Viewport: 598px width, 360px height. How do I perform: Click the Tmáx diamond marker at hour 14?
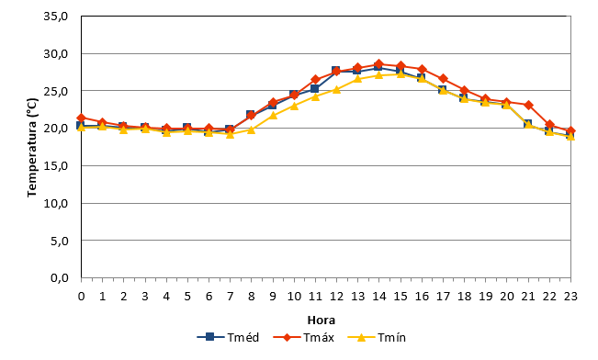click(378, 63)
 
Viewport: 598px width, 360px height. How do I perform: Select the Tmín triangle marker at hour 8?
click(251, 129)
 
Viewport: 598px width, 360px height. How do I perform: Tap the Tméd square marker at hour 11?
click(315, 89)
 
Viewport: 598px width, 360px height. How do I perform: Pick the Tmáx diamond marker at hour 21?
click(528, 105)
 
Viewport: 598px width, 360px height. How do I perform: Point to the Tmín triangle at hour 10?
click(294, 106)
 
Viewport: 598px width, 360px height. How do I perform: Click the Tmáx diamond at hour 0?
click(81, 118)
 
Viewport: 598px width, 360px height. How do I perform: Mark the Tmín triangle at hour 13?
click(357, 79)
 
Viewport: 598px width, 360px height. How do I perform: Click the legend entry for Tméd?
click(228, 337)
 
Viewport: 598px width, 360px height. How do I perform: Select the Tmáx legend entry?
click(303, 337)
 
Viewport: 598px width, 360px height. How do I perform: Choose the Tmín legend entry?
click(377, 337)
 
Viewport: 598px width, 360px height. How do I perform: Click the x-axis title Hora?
click(322, 320)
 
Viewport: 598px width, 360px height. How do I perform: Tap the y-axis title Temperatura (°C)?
click(32, 147)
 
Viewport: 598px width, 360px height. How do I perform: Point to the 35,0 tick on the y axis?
click(56, 17)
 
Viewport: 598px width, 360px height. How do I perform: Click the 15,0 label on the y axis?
click(56, 166)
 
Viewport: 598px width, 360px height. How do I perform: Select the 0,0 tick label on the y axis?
click(59, 278)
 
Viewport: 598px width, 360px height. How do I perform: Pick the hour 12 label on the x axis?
click(336, 297)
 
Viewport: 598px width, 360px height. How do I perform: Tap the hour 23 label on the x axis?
click(570, 297)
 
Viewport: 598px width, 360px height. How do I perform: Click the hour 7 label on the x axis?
click(230, 297)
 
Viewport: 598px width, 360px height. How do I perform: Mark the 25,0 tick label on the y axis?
click(56, 91)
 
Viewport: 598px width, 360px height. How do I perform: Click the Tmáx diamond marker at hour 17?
click(443, 79)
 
